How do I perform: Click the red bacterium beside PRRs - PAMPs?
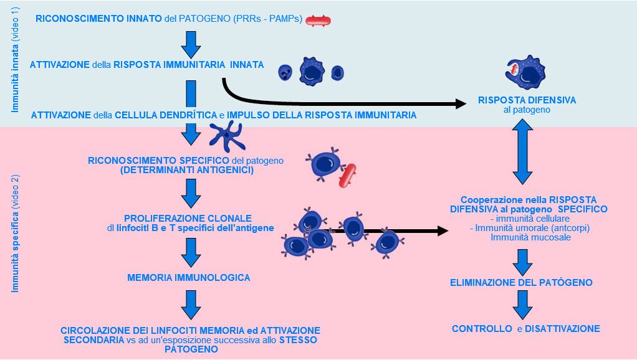pos(318,21)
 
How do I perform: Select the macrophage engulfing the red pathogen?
pos(526,73)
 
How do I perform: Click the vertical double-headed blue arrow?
pos(521,152)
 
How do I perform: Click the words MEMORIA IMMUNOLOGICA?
pos(188,278)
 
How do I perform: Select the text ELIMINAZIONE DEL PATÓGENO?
pos(521,283)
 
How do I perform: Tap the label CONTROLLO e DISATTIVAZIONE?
pos(525,329)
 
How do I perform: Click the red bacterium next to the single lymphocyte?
pos(347,176)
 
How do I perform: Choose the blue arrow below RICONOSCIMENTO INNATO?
pos(191,43)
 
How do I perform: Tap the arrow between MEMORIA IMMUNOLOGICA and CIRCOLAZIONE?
pos(191,305)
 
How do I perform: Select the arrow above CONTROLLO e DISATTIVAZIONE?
pos(521,305)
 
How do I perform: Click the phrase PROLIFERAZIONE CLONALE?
pos(188,219)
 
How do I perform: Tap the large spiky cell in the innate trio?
pos(312,72)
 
